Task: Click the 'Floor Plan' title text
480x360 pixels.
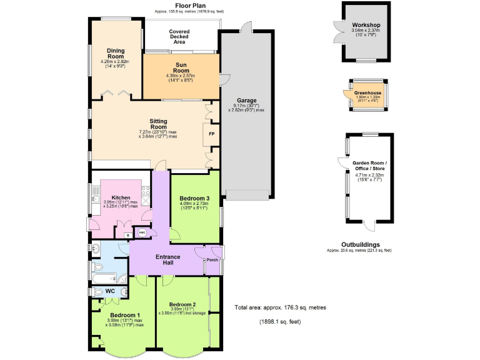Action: pyautogui.click(x=174, y=5)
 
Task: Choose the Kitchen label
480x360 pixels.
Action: pyautogui.click(x=121, y=197)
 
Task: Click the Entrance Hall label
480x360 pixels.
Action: pyautogui.click(x=167, y=260)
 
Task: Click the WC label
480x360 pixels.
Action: pyautogui.click(x=110, y=291)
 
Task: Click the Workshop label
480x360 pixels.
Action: pyautogui.click(x=366, y=25)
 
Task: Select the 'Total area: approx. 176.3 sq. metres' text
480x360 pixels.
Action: pyautogui.click(x=279, y=307)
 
